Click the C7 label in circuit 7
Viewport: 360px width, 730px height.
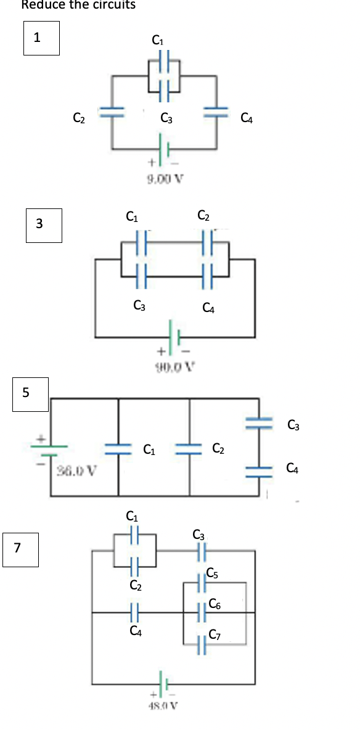tap(215, 635)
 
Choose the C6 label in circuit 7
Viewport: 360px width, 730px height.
tap(215, 604)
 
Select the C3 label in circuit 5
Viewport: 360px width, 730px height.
tap(293, 425)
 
